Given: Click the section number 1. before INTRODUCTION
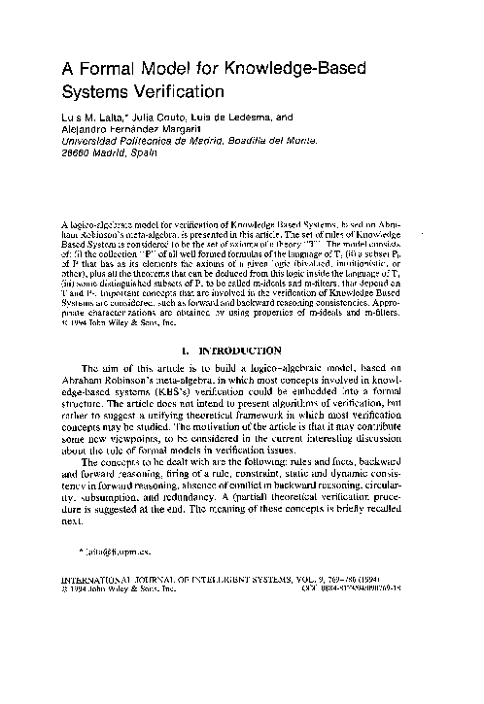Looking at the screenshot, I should coord(212,348).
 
